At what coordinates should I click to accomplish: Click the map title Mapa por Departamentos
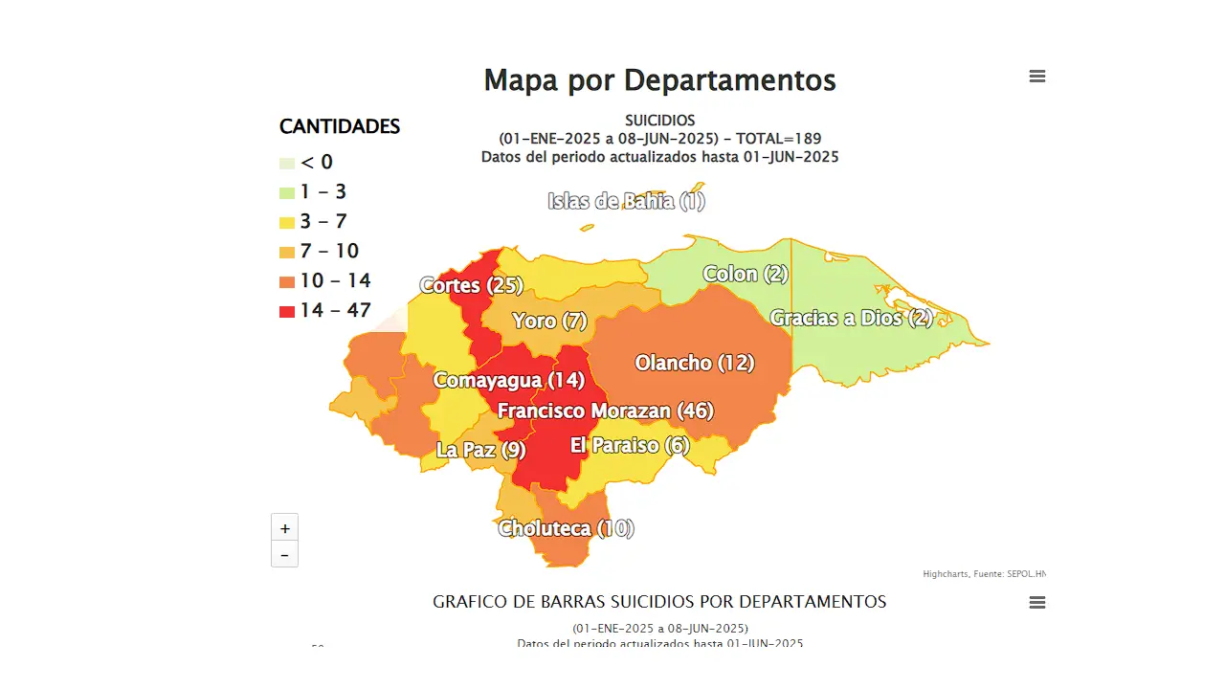(x=659, y=80)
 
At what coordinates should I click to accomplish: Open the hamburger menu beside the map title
(x=1037, y=77)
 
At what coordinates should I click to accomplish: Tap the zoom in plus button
(x=284, y=528)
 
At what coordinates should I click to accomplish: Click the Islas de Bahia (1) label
(x=626, y=201)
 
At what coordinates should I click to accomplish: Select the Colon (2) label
(x=746, y=274)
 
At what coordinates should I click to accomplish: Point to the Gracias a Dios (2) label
(x=851, y=318)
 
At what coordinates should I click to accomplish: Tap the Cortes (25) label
(x=472, y=285)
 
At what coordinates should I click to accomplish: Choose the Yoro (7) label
(x=549, y=321)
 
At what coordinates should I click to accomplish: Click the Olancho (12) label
(x=695, y=363)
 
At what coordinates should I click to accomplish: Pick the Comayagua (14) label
(x=508, y=380)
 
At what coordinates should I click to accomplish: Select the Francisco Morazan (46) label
(x=605, y=411)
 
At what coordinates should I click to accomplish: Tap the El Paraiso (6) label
(x=630, y=445)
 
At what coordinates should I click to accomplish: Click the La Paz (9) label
(x=481, y=449)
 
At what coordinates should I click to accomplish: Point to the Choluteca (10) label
(x=566, y=528)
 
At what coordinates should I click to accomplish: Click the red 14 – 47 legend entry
(x=325, y=310)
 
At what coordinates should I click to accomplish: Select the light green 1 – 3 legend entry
(x=314, y=192)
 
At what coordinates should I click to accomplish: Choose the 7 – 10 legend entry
(x=320, y=251)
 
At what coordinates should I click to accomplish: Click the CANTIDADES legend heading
(x=340, y=126)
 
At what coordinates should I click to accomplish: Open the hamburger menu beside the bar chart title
(x=1037, y=603)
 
